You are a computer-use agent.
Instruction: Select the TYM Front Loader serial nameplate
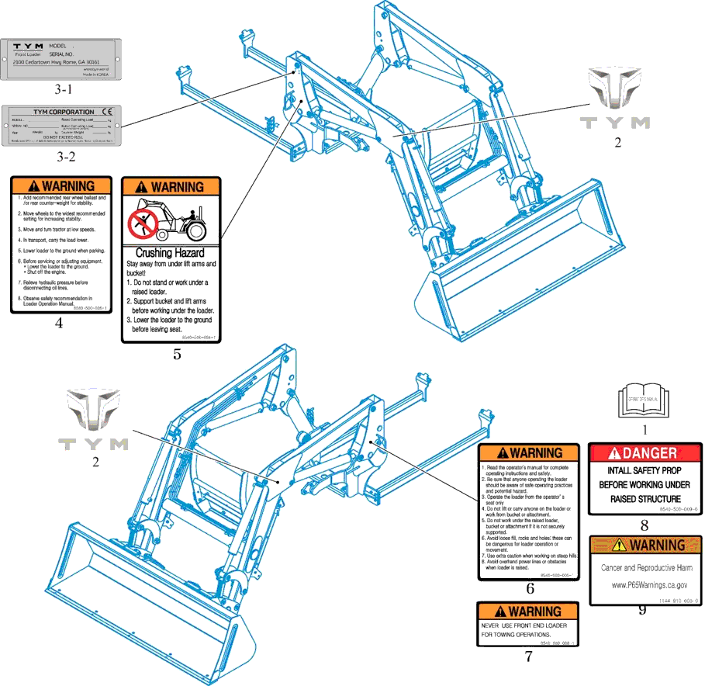click(61, 58)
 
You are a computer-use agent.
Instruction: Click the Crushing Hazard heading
click(170, 252)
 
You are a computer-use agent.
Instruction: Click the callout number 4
click(59, 324)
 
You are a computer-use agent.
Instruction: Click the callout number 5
click(177, 355)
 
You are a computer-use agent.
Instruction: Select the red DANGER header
click(645, 453)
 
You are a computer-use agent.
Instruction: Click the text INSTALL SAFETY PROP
click(645, 470)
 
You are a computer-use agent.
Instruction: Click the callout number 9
click(642, 610)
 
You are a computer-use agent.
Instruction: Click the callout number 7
click(528, 657)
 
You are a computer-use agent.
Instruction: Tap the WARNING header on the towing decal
click(527, 611)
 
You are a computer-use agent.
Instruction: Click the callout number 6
click(530, 589)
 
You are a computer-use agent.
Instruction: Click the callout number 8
click(644, 525)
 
